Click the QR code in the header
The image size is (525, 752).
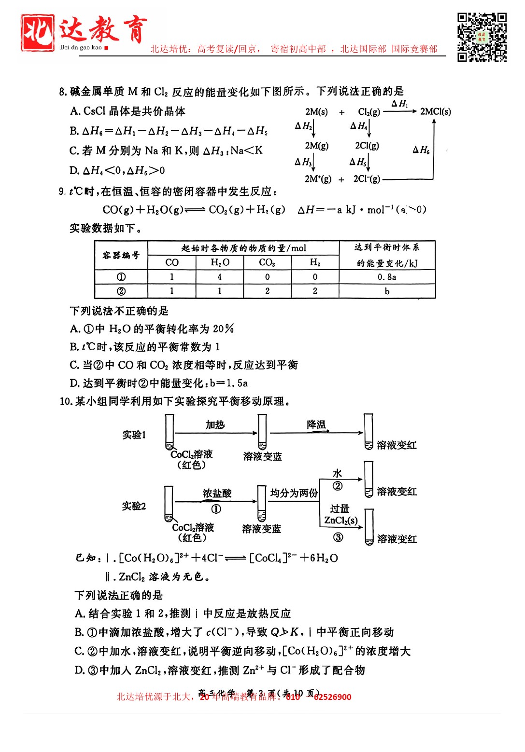pyautogui.click(x=482, y=37)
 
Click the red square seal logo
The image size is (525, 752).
pyautogui.click(x=37, y=32)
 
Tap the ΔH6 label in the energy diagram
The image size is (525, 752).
pyautogui.click(x=421, y=150)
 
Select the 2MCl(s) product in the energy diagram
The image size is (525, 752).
pyautogui.click(x=435, y=111)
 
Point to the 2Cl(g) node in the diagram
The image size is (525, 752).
pyautogui.click(x=367, y=145)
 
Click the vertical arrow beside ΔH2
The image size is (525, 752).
pyautogui.click(x=314, y=128)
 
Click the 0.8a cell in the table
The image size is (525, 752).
pyautogui.click(x=387, y=277)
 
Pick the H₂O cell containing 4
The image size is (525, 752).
pyautogui.click(x=220, y=277)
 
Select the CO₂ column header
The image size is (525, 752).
pyautogui.click(x=267, y=262)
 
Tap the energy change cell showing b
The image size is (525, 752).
pyautogui.click(x=387, y=291)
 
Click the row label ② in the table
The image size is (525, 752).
pyautogui.click(x=121, y=291)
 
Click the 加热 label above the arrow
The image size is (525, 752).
pyautogui.click(x=215, y=424)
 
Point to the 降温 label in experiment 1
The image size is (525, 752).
pyautogui.click(x=316, y=424)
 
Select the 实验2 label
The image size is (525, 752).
pyautogui.click(x=134, y=506)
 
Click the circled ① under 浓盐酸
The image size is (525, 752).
pyautogui.click(x=216, y=509)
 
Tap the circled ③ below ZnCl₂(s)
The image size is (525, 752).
pyautogui.click(x=338, y=537)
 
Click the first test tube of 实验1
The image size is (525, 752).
pyautogui.click(x=170, y=432)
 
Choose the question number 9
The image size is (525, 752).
pyautogui.click(x=62, y=191)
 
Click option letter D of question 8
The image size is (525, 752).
pyautogui.click(x=74, y=170)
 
